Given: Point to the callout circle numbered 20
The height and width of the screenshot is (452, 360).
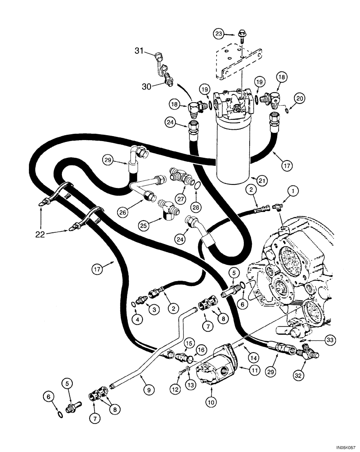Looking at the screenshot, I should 299,97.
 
